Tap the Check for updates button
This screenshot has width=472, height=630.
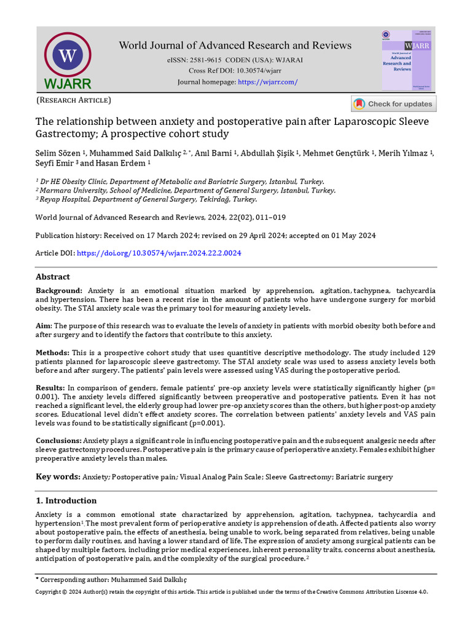tap(393, 104)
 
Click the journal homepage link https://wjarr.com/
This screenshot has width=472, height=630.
tap(267, 82)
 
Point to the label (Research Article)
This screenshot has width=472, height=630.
tap(73, 100)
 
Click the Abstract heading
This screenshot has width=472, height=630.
tap(53, 277)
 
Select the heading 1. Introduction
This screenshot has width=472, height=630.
tap(66, 500)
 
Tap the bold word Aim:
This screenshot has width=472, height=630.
tap(44, 325)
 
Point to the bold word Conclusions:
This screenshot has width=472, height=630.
tap(58, 441)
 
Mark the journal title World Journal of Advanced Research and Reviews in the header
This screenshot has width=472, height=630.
tap(235, 45)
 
